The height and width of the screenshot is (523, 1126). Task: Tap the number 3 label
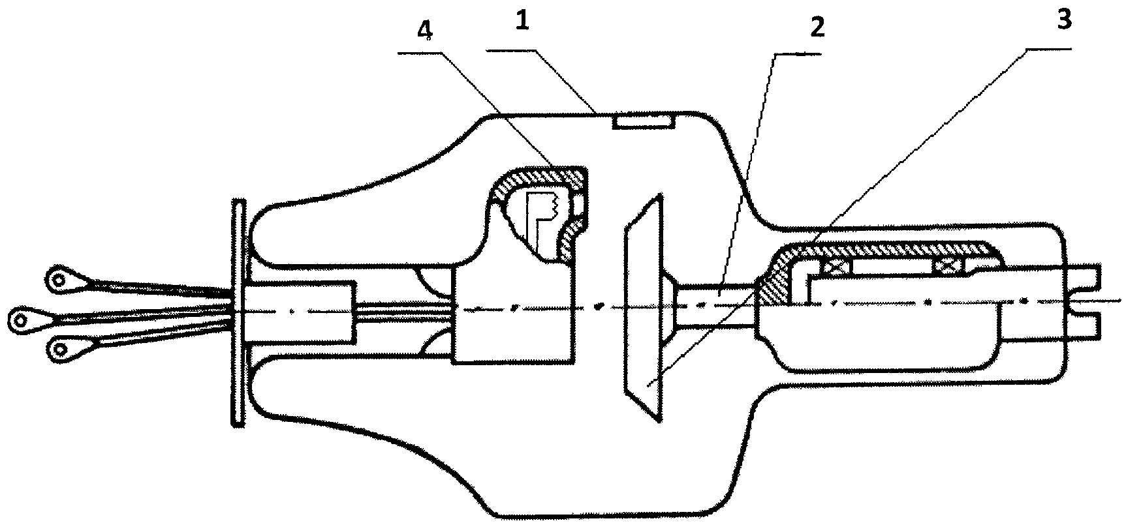[1063, 21]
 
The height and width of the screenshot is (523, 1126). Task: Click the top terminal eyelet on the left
[60, 280]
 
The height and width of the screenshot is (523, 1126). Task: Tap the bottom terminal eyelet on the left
[60, 351]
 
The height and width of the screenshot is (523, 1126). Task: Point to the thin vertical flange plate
[239, 313]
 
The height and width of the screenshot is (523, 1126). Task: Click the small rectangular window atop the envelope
[642, 121]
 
